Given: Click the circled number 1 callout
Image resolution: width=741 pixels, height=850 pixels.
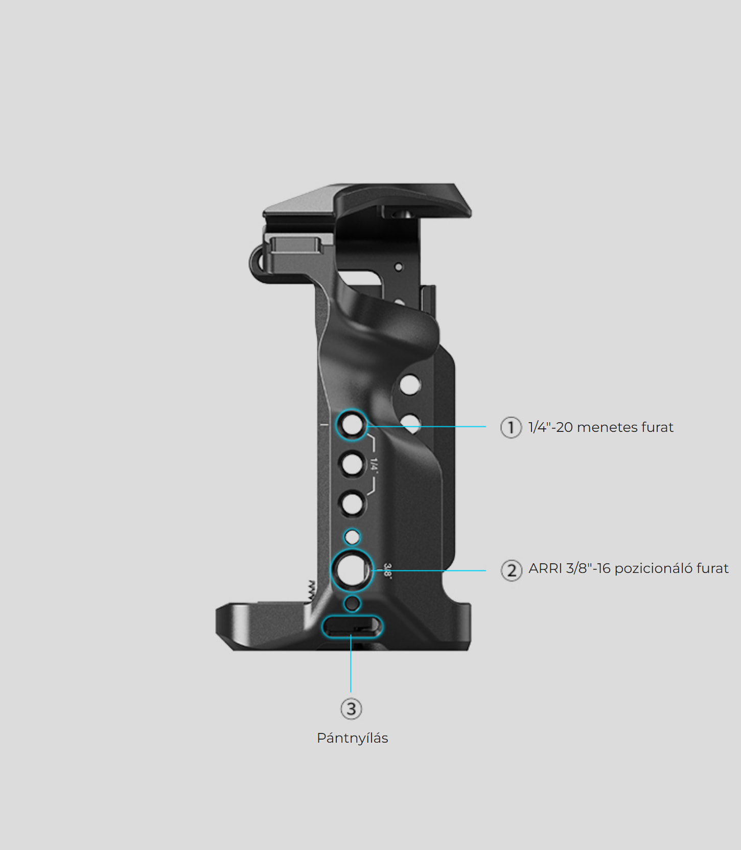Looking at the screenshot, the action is pyautogui.click(x=511, y=427).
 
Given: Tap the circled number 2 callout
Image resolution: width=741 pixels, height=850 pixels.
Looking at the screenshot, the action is pyautogui.click(x=511, y=570).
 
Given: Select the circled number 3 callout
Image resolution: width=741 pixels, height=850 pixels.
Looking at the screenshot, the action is pyautogui.click(x=351, y=709).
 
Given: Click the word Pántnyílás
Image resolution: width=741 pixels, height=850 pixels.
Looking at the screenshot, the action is pyautogui.click(x=352, y=738).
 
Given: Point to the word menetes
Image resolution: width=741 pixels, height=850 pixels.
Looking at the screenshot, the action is pyautogui.click(x=609, y=427).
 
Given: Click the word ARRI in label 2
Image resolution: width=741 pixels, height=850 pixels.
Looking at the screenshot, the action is pyautogui.click(x=545, y=568).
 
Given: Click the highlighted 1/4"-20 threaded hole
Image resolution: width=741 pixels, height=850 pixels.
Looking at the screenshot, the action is pyautogui.click(x=352, y=424).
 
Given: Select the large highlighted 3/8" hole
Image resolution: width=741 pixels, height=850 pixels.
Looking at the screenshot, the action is pyautogui.click(x=352, y=569).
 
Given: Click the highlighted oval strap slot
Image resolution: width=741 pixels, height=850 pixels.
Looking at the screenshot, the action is pyautogui.click(x=352, y=626).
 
